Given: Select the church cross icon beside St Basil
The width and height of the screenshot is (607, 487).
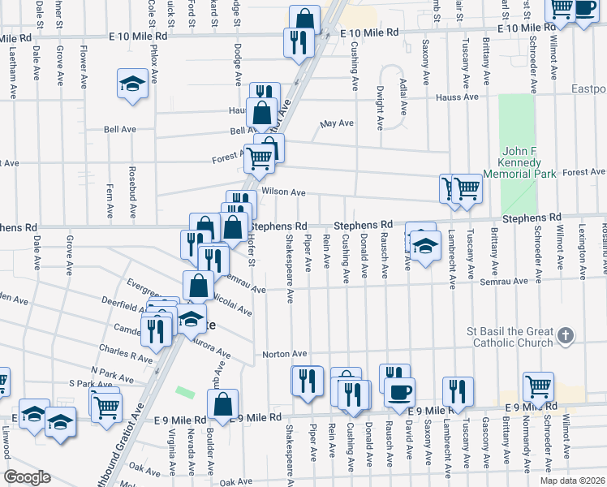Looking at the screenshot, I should click(x=566, y=334).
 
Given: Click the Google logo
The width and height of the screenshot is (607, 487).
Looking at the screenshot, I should click(x=28, y=476).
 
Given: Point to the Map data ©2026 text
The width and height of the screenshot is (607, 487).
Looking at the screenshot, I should click(x=572, y=481).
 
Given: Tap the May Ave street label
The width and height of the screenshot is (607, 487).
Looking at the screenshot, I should click(x=337, y=123).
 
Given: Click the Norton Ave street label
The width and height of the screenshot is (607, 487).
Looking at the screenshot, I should click(x=283, y=354).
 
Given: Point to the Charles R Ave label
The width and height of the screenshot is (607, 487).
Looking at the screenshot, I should click(x=125, y=355).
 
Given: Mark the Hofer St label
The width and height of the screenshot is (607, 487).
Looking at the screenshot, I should click(x=251, y=252).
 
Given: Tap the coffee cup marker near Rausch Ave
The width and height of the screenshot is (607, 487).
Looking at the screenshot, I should click(x=398, y=393).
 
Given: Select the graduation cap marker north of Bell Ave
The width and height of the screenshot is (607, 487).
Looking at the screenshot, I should click(x=131, y=84).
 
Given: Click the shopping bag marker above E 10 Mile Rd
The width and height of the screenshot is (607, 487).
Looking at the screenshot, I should click(x=303, y=19).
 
